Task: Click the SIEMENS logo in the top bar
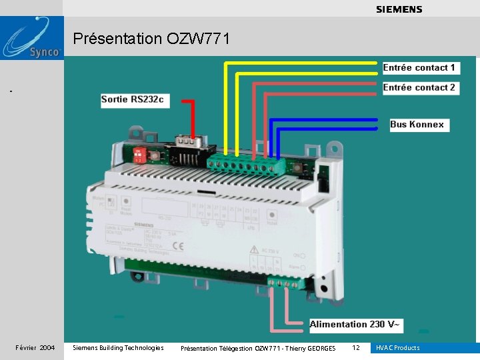(399, 9)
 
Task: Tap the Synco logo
(32, 39)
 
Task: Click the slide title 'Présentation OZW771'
(151, 39)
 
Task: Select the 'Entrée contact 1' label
(419, 68)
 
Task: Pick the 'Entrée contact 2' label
(419, 87)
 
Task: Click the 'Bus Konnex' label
(417, 124)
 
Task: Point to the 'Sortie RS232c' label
(132, 100)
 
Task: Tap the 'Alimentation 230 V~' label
(356, 325)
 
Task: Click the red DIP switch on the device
(139, 154)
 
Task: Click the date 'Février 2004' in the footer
(35, 348)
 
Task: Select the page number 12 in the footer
(356, 348)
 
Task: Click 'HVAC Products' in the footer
(398, 348)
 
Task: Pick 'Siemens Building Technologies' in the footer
(117, 348)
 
